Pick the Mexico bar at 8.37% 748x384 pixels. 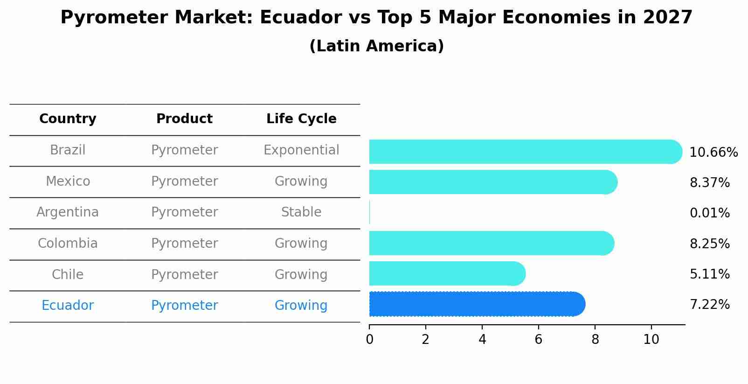pyautogui.click(x=492, y=182)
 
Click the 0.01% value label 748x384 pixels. pyautogui.click(x=709, y=213)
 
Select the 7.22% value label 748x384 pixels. pyautogui.click(x=709, y=305)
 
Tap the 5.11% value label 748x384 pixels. pyautogui.click(x=709, y=274)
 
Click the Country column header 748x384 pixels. pyautogui.click(x=68, y=119)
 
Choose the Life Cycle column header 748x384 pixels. pyautogui.click(x=301, y=119)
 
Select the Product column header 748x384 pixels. pyautogui.click(x=184, y=119)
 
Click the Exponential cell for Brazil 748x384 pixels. pyautogui.click(x=301, y=150)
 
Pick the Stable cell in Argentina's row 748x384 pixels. pyautogui.click(x=301, y=212)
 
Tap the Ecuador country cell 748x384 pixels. pyautogui.click(x=68, y=306)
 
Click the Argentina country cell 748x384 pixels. pyautogui.click(x=68, y=212)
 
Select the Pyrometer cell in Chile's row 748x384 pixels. pyautogui.click(x=184, y=274)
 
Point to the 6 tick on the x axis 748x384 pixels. pyautogui.click(x=538, y=339)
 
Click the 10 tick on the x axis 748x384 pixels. pyautogui.click(x=651, y=339)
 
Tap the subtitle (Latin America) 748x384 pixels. pyautogui.click(x=376, y=46)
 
